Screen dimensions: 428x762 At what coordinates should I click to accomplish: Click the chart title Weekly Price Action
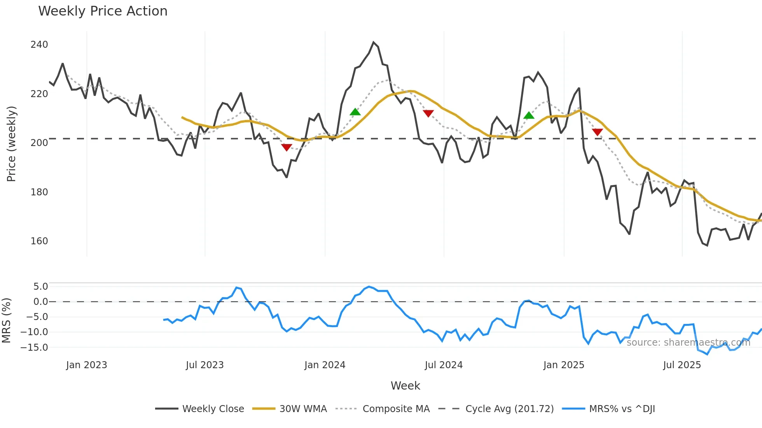coord(103,11)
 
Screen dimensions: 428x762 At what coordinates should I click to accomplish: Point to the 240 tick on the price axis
coord(39,45)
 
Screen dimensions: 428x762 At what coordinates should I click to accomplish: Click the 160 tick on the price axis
coord(39,241)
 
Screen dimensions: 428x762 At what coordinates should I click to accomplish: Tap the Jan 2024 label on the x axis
coord(325,365)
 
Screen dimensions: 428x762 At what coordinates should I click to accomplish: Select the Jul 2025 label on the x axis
coord(682,365)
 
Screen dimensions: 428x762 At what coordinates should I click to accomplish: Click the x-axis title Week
coord(405,386)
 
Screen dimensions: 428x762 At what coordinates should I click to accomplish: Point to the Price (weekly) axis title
coord(12,144)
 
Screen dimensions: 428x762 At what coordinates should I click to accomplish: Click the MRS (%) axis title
coord(7,320)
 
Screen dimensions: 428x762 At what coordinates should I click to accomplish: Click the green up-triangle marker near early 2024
coord(355,112)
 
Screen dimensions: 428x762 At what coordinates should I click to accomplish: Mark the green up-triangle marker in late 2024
coord(529,115)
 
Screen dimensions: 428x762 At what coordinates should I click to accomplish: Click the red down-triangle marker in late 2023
coord(287,147)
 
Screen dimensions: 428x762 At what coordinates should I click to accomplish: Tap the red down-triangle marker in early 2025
coord(598,132)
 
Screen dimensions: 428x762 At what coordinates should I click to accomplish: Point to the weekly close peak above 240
coord(373,42)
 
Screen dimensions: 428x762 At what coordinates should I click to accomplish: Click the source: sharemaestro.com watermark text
coord(688,343)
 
